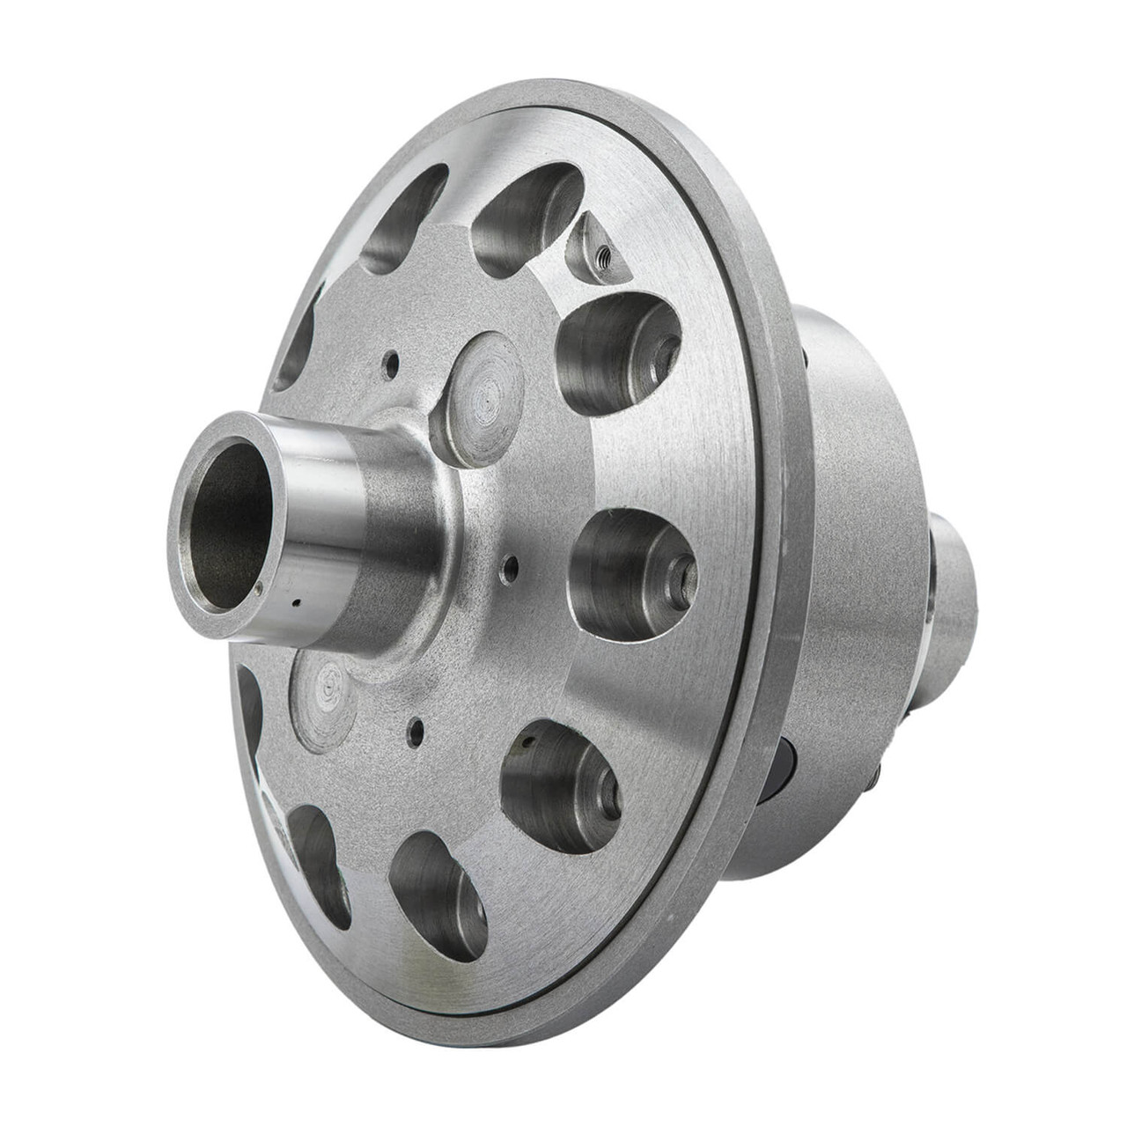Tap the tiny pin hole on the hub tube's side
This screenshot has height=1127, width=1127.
[x=298, y=603]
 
